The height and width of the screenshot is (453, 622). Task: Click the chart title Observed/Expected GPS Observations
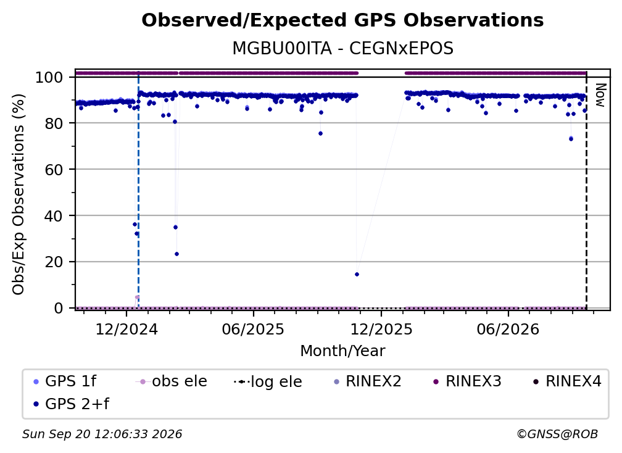coord(342,20)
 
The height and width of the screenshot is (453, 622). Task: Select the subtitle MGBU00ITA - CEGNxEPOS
coord(342,49)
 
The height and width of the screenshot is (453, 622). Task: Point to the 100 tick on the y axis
coord(49,77)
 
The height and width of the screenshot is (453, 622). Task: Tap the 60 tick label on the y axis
coord(54,169)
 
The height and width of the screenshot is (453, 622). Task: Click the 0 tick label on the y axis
coord(59,308)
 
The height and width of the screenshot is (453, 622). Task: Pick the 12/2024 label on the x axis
coord(126,329)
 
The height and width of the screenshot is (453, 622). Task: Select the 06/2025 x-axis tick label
coord(253,329)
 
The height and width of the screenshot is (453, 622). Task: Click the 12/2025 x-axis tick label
coord(381,329)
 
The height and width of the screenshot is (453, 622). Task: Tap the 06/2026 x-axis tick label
coord(508,329)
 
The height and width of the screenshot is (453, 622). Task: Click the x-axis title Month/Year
coord(342,351)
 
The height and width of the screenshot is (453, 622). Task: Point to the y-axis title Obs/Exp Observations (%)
coord(19,194)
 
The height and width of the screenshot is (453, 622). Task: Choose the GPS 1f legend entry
coord(65,381)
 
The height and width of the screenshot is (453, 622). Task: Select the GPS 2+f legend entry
coord(72,404)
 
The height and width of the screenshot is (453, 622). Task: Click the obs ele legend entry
coord(172,381)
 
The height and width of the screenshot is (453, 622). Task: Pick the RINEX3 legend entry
coord(467,381)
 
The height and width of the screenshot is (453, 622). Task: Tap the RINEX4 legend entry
coord(567,381)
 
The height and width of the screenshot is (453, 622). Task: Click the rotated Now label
coord(601,95)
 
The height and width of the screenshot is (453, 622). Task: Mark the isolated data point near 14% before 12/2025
coord(357,275)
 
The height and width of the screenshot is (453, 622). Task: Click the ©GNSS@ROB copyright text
coord(557,434)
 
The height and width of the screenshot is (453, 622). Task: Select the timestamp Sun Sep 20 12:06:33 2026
coord(102,434)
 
